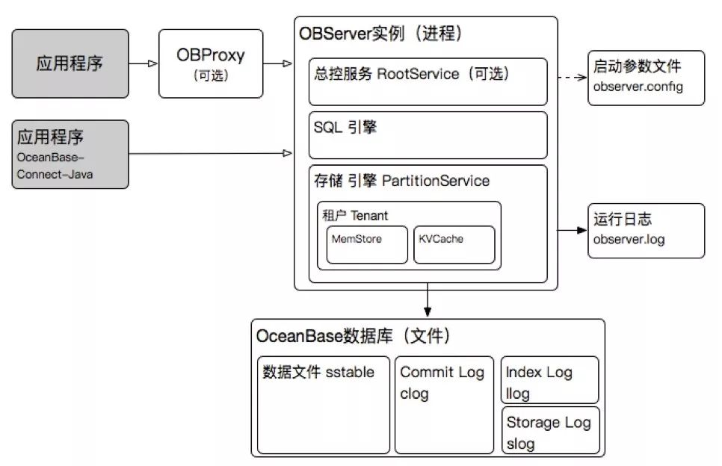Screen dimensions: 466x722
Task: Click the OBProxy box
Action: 211,63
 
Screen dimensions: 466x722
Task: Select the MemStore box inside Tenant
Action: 367,244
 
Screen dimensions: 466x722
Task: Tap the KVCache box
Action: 454,244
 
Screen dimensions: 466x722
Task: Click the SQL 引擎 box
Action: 428,135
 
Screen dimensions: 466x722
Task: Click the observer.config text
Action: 638,87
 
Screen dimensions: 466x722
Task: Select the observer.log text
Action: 628,239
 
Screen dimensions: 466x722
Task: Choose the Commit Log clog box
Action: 444,404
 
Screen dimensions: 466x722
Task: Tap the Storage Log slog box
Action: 550,432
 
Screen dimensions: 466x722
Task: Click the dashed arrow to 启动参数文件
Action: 571,78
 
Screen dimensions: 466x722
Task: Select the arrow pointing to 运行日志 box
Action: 572,232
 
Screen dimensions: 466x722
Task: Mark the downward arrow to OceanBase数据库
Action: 428,302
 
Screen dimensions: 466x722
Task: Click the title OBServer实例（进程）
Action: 380,34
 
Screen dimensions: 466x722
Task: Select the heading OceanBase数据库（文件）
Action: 354,336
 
